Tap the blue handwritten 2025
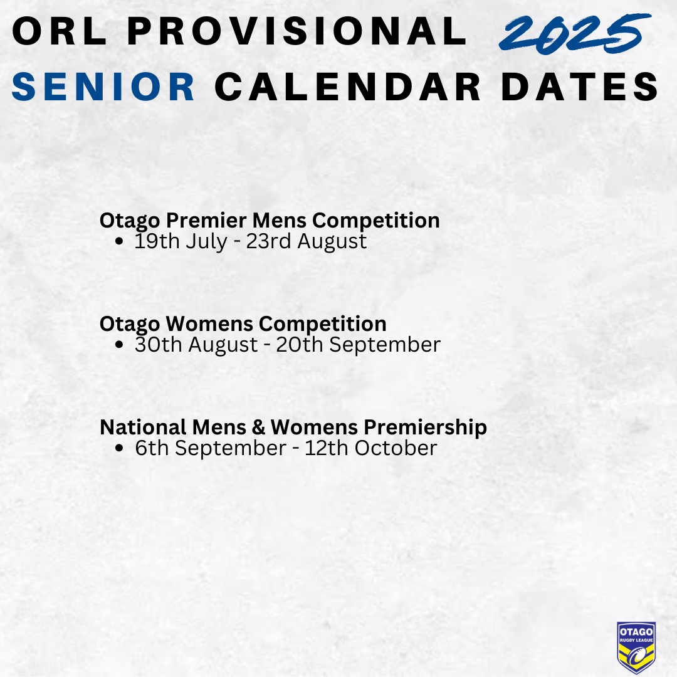click(x=575, y=34)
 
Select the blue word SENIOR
click(x=103, y=87)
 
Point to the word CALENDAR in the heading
click(x=348, y=87)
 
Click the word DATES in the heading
click(x=580, y=87)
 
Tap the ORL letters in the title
click(x=59, y=31)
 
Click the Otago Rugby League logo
click(x=636, y=647)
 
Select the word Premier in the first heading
click(x=206, y=220)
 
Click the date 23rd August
click(x=307, y=241)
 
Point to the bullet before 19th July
click(x=120, y=241)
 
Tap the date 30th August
click(x=196, y=345)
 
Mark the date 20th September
click(x=359, y=345)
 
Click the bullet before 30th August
click(x=120, y=345)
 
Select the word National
click(x=144, y=428)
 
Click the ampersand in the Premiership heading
click(x=258, y=428)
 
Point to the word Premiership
click(x=425, y=428)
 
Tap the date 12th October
click(x=371, y=448)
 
